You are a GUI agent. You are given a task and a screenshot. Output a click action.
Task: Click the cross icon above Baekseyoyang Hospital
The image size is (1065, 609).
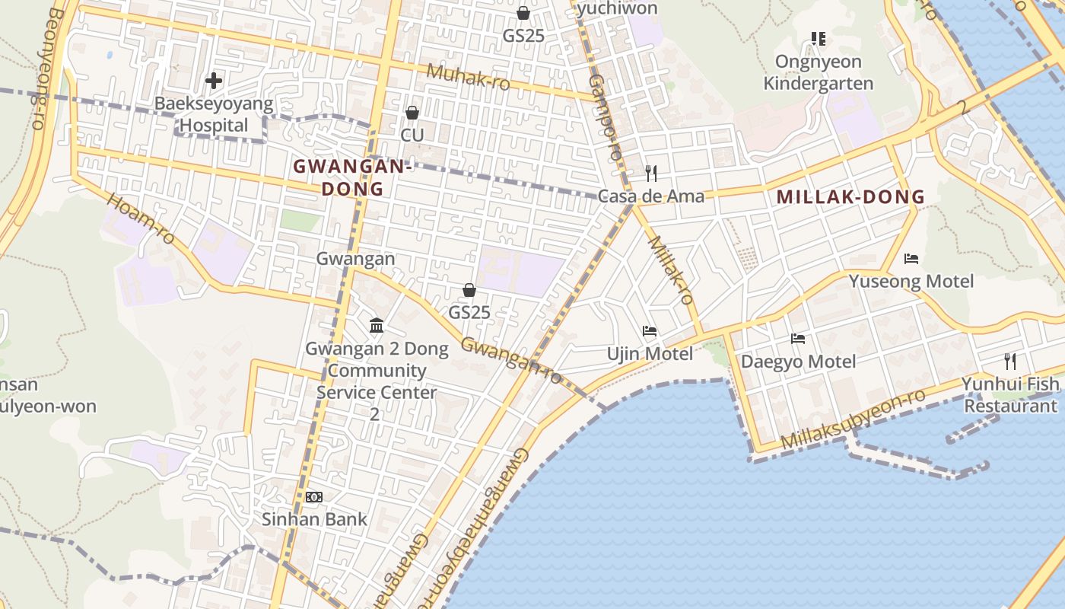[214, 80]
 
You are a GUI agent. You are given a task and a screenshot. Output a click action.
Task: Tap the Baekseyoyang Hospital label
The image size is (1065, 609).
[214, 114]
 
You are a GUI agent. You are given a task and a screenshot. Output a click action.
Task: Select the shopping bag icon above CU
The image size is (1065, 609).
[412, 113]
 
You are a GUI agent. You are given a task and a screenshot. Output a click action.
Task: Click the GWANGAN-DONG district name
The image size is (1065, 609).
[352, 177]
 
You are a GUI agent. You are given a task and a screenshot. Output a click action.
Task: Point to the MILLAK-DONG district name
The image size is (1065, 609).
[850, 196]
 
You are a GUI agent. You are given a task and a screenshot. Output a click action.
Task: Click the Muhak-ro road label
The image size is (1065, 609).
[467, 76]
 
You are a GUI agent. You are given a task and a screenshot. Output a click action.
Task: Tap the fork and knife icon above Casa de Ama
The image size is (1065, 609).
[650, 174]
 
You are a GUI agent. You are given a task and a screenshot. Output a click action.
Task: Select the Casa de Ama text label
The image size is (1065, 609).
[650, 196]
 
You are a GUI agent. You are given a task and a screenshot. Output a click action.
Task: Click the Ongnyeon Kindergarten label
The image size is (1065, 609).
[819, 72]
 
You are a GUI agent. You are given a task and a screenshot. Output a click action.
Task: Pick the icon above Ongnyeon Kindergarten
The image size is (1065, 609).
[819, 38]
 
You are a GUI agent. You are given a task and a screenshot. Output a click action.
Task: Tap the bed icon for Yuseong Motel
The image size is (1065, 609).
[911, 259]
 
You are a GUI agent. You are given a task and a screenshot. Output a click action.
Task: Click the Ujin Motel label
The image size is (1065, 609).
[650, 354]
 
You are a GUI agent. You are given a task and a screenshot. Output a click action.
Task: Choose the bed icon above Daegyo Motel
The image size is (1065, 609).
[798, 339]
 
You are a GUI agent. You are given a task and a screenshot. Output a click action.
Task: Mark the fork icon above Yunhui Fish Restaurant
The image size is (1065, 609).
[1010, 361]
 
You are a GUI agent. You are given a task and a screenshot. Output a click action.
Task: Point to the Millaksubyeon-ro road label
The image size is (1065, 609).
[853, 419]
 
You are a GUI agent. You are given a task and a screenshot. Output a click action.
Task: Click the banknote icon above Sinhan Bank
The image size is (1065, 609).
[314, 497]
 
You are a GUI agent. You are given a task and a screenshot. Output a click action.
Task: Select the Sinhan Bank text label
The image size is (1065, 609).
[314, 519]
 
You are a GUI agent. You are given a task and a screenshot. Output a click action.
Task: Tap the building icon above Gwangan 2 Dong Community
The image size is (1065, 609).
[377, 326]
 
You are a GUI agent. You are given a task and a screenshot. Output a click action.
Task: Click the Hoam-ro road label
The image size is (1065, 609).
[141, 219]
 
